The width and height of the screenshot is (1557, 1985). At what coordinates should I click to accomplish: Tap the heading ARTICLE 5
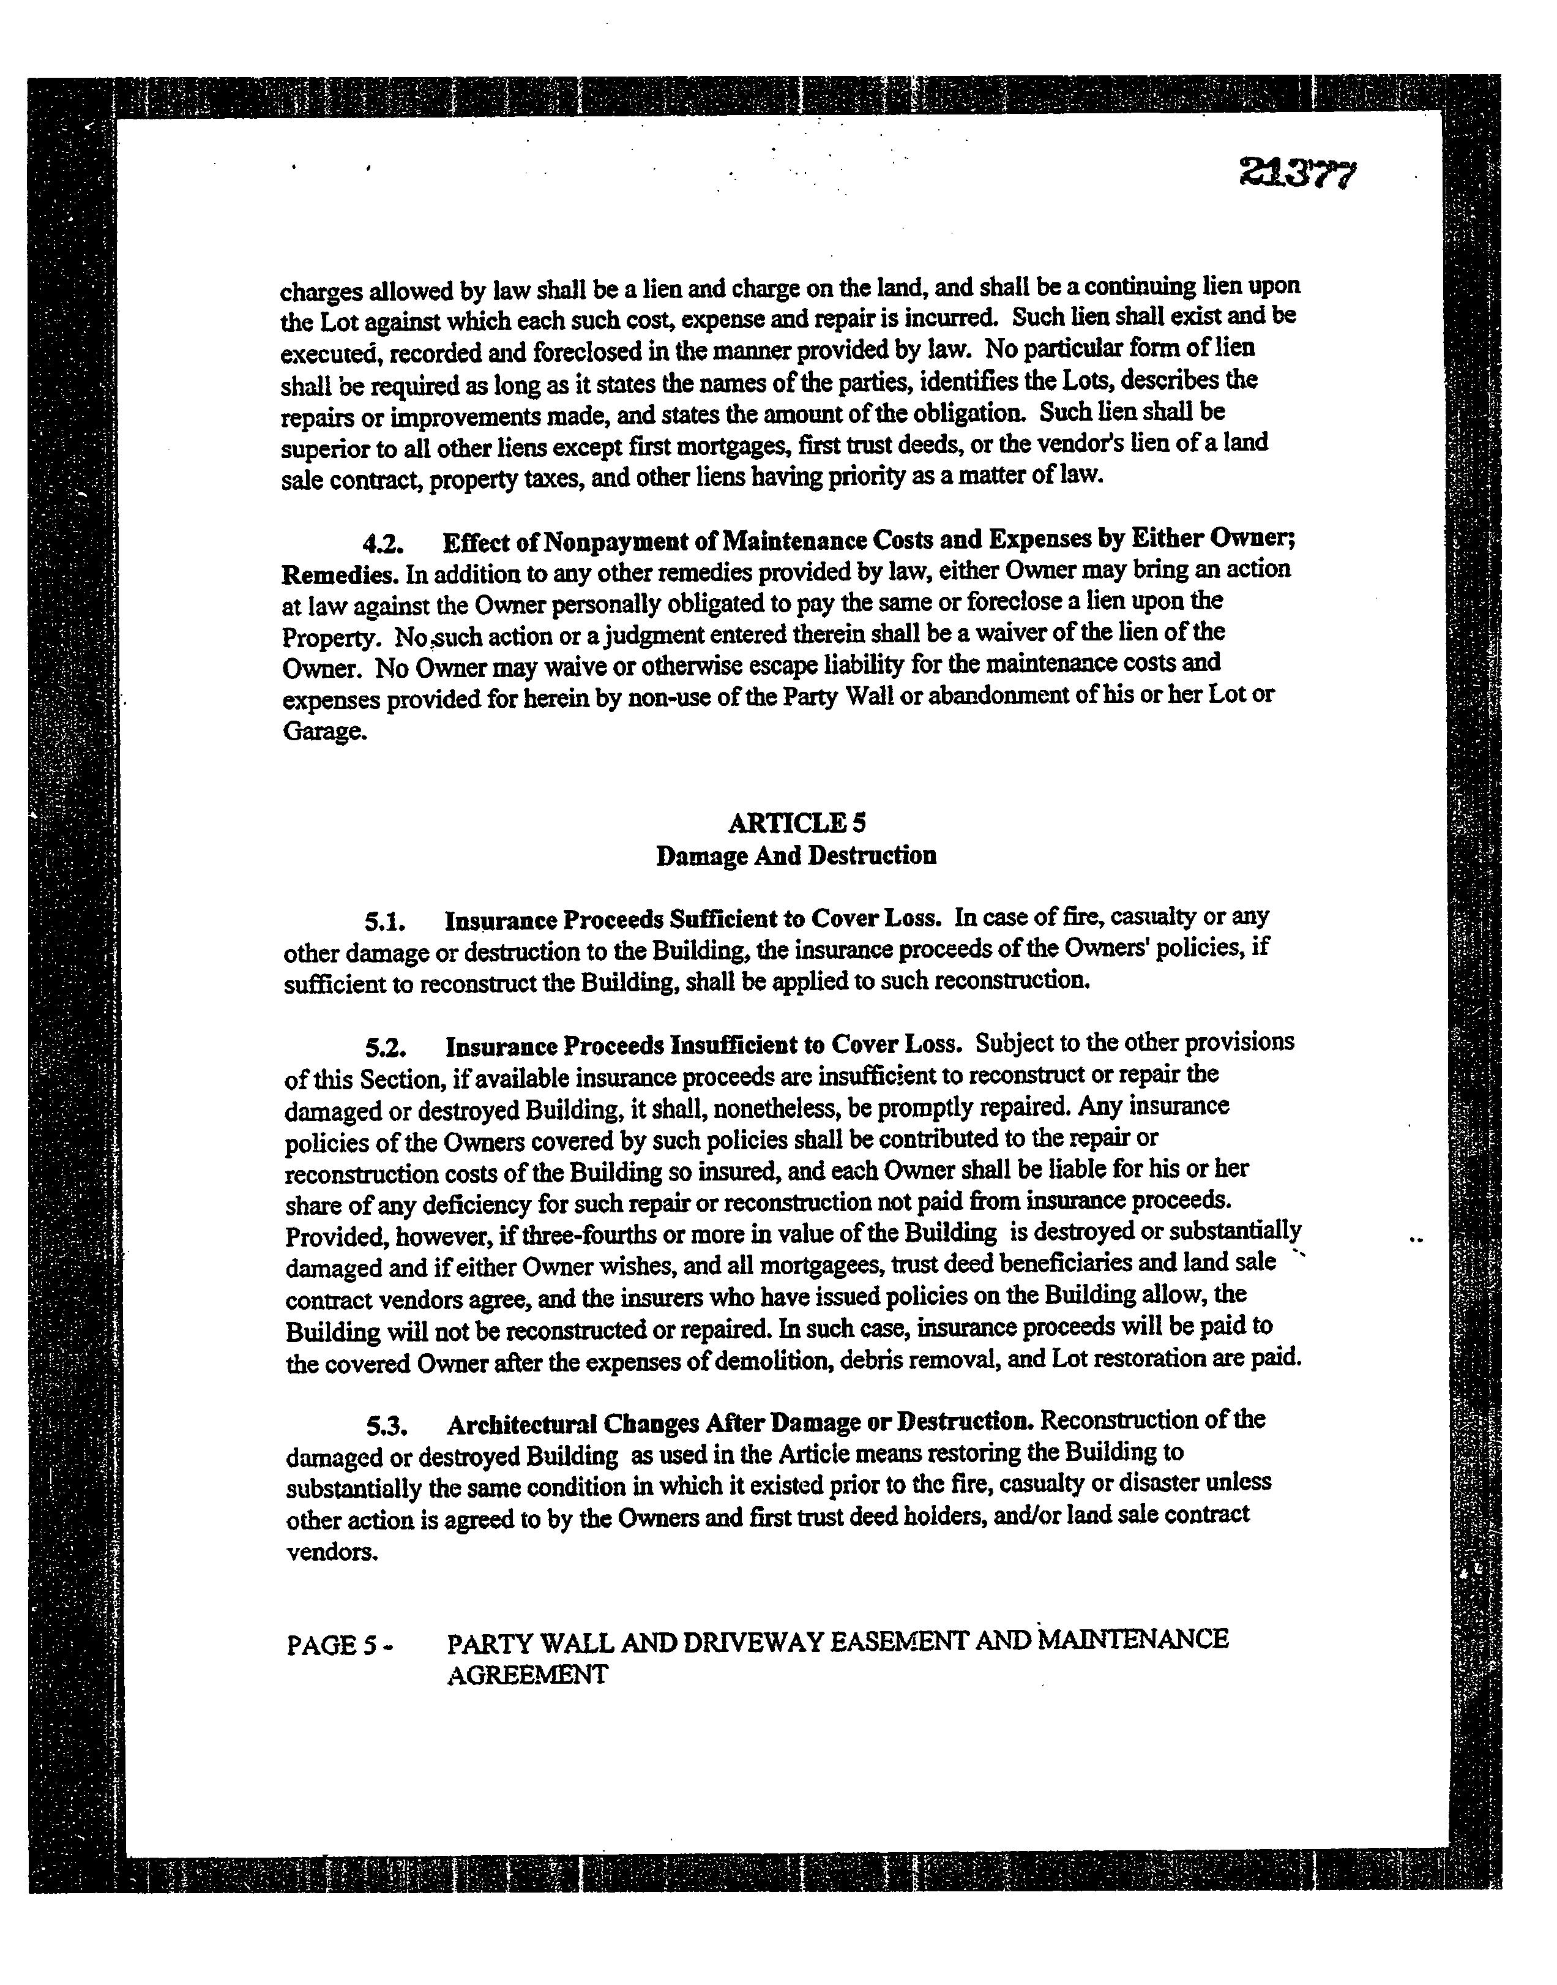click(x=797, y=824)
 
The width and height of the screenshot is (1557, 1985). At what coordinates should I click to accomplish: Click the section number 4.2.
click(x=383, y=544)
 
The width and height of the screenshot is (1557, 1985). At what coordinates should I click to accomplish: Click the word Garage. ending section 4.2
click(x=326, y=733)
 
